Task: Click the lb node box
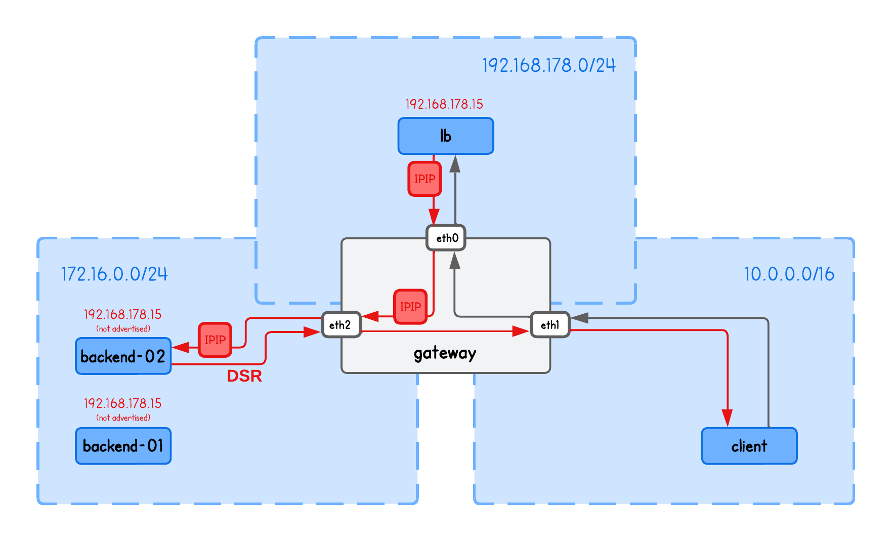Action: tap(445, 136)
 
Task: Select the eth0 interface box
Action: tap(446, 238)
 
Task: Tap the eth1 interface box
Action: tap(550, 325)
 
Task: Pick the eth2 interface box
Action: tap(341, 325)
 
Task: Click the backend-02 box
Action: tap(123, 356)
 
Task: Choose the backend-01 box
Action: tap(123, 446)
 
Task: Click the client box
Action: tap(749, 446)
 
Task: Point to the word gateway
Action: tap(445, 353)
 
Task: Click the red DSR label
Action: tap(244, 376)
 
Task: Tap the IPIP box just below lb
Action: tap(424, 179)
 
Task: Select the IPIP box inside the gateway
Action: tap(410, 306)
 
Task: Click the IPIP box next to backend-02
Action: tap(215, 340)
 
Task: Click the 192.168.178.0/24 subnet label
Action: tap(549, 65)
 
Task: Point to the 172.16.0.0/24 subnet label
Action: tap(114, 274)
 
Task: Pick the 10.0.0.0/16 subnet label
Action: tap(789, 274)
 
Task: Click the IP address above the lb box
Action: tap(444, 104)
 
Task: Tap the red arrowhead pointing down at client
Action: tap(727, 418)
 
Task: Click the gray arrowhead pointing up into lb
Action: tap(455, 164)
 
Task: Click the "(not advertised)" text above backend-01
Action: tap(123, 418)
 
